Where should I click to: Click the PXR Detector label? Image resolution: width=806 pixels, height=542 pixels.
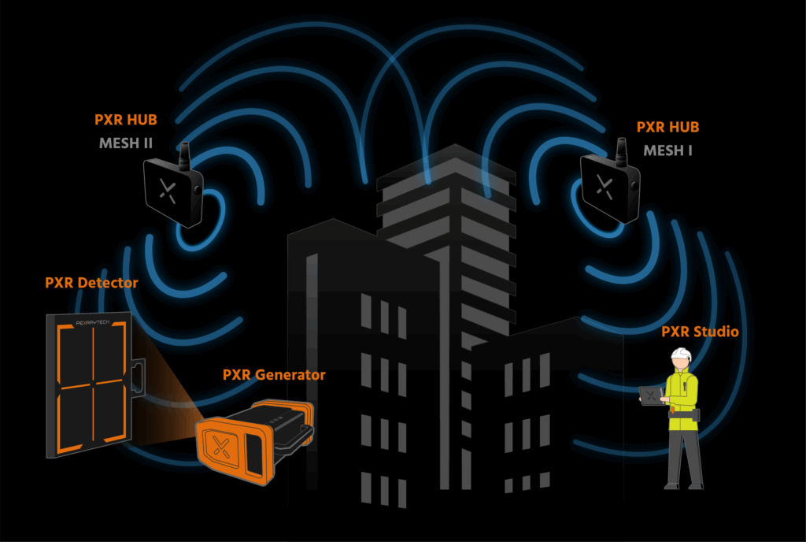92,283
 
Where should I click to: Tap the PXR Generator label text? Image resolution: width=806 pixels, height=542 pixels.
273,375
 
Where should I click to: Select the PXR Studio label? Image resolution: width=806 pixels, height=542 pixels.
700,332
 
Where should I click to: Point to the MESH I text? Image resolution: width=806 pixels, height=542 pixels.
667,150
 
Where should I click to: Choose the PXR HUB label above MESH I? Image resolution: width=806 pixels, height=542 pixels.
667,127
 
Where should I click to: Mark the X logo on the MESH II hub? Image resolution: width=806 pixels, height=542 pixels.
167,190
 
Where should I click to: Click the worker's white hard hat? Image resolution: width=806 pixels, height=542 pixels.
681,357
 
